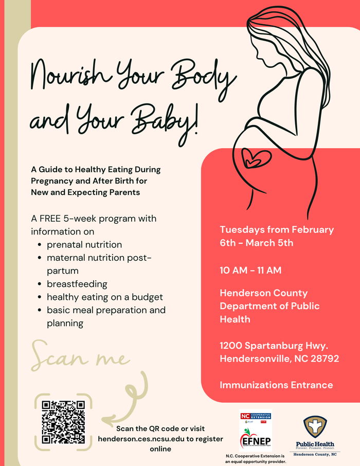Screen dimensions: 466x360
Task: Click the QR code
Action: click(x=63, y=422)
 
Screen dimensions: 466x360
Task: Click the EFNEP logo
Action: click(x=256, y=440)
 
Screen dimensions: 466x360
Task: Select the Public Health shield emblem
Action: click(x=315, y=426)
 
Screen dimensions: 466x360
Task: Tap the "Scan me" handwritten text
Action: click(x=79, y=356)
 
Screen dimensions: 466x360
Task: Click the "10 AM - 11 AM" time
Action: click(x=250, y=270)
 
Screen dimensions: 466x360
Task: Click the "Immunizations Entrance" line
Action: click(x=276, y=385)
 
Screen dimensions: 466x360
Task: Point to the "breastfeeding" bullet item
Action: click(x=77, y=284)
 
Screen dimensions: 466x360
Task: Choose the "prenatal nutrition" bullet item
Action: click(x=84, y=244)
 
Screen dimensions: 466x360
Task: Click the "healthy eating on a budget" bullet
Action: click(x=105, y=297)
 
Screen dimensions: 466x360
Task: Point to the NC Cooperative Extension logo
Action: click(x=256, y=416)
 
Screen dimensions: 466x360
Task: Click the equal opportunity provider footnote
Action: click(x=256, y=459)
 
